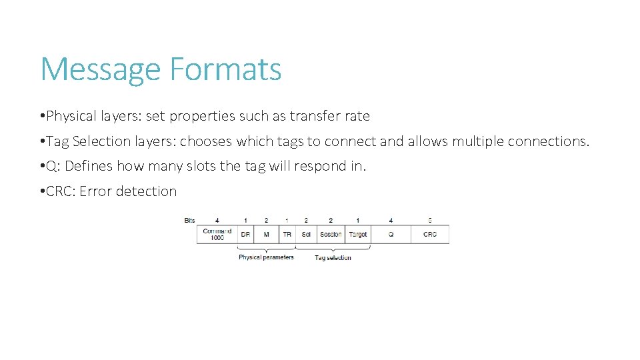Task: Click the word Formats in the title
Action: pyautogui.click(x=225, y=69)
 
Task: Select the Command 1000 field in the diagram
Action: pyautogui.click(x=217, y=235)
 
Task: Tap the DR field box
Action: pyautogui.click(x=245, y=235)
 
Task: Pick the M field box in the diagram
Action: pyautogui.click(x=266, y=235)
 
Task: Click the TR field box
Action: pyautogui.click(x=287, y=235)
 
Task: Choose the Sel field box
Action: pyautogui.click(x=306, y=235)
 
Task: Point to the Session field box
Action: pyautogui.click(x=331, y=235)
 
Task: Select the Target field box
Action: pyautogui.click(x=358, y=235)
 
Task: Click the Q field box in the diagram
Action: pyautogui.click(x=391, y=235)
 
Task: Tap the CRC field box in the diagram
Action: pyautogui.click(x=430, y=235)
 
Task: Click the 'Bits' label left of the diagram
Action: pyautogui.click(x=190, y=220)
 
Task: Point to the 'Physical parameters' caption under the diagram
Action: pyautogui.click(x=266, y=257)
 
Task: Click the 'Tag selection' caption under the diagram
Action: pyautogui.click(x=333, y=258)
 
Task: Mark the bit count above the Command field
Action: pyautogui.click(x=217, y=220)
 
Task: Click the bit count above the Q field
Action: pyautogui.click(x=391, y=220)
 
